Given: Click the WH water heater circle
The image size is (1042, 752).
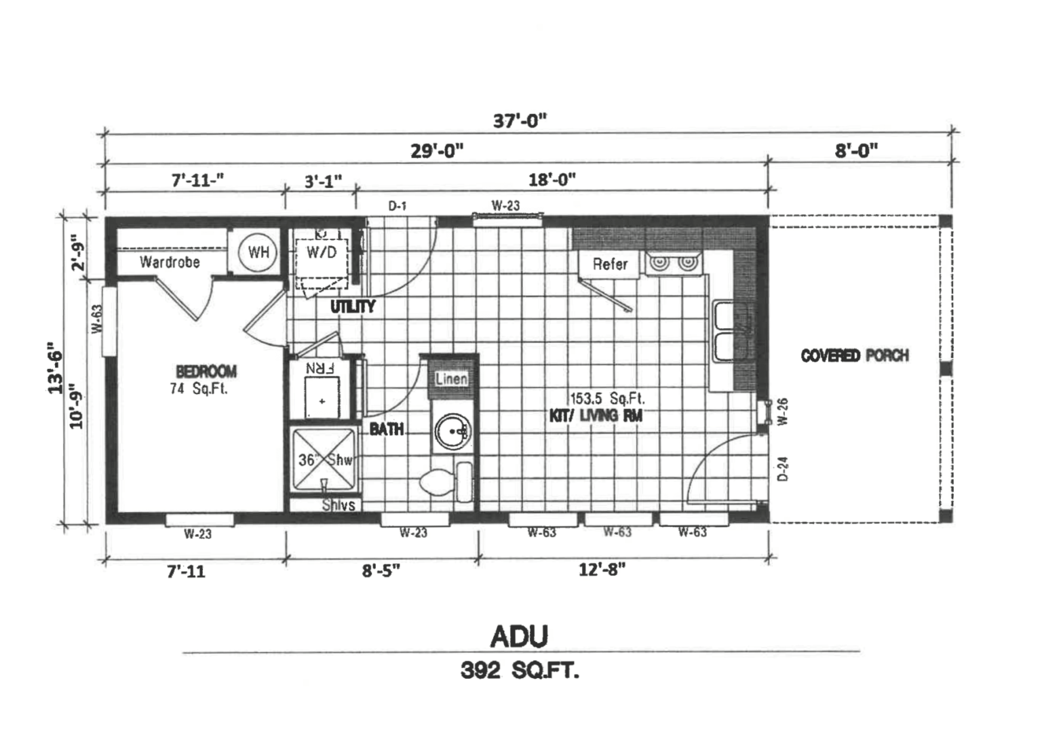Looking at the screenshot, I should [x=258, y=253].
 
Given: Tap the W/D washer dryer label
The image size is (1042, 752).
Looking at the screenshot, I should [x=322, y=253].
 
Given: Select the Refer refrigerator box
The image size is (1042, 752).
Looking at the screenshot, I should [x=609, y=264].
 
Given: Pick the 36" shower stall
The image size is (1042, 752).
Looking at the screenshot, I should [x=324, y=459].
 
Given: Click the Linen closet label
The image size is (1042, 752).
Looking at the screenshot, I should [x=451, y=378].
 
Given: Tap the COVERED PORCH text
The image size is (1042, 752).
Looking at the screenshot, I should [x=854, y=355].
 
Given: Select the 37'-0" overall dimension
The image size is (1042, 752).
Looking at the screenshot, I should [x=520, y=120].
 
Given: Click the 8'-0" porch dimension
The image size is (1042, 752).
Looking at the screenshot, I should [x=856, y=150].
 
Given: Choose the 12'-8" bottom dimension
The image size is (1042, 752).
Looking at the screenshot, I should [x=602, y=570].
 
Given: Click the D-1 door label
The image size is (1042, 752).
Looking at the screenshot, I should [x=398, y=205].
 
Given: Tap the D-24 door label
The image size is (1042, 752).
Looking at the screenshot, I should [x=782, y=469].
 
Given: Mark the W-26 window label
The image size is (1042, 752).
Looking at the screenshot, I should [x=782, y=411].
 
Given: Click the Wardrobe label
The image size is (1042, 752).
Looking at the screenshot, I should [x=170, y=262].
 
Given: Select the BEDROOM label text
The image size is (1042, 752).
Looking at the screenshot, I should [x=206, y=371].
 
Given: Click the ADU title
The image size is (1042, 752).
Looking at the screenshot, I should [x=519, y=636].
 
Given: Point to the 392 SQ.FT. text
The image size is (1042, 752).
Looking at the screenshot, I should [x=520, y=671].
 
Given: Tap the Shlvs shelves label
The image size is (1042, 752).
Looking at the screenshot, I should [x=338, y=504].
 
